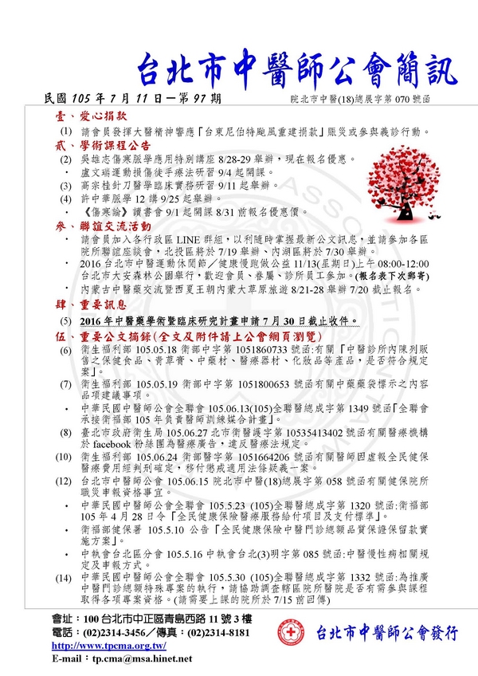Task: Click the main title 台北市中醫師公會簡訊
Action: [x=298, y=70]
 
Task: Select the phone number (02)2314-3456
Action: [x=119, y=635]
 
